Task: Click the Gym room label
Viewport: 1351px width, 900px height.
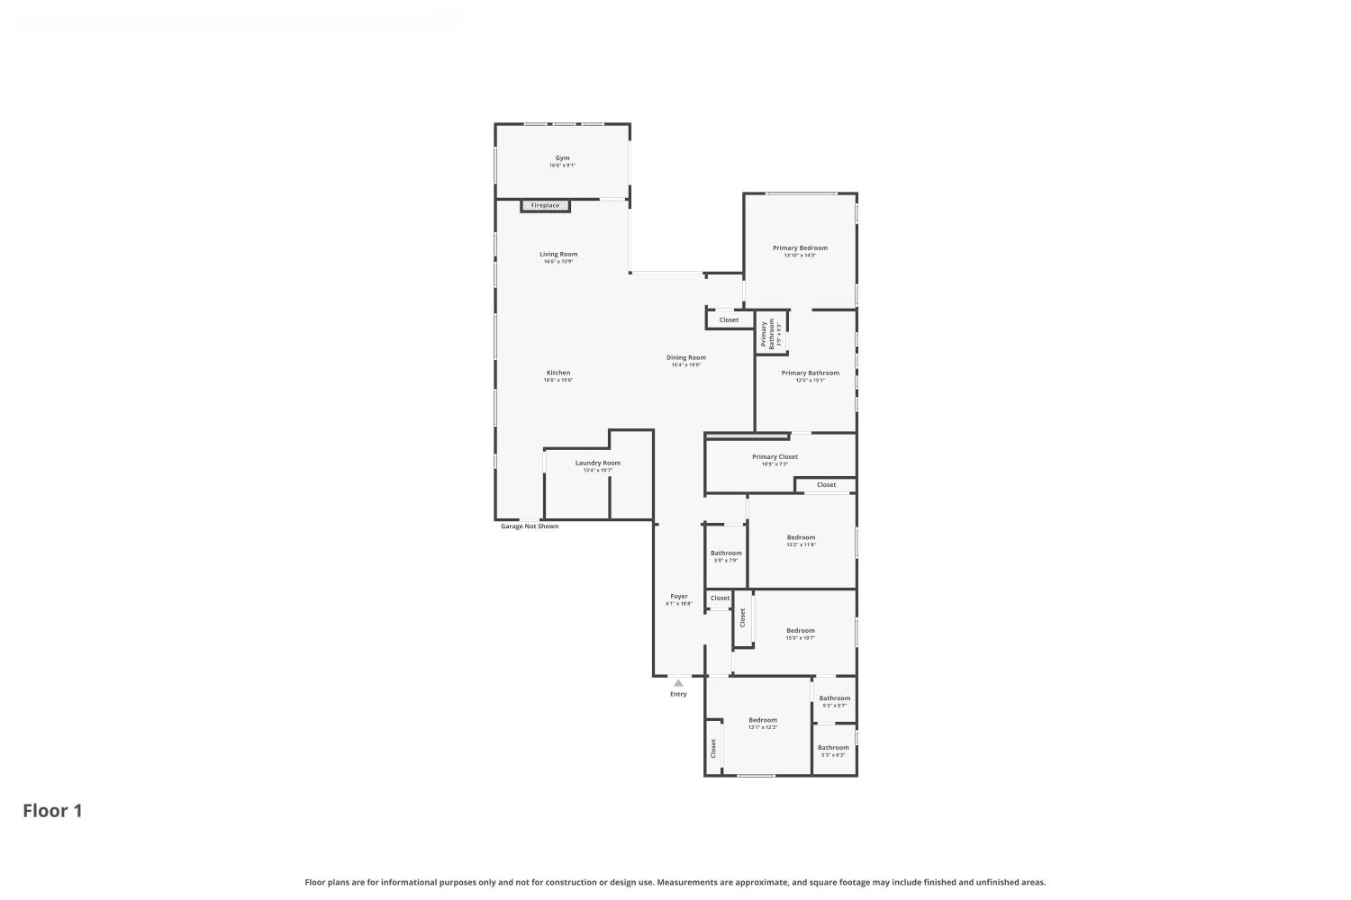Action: pyautogui.click(x=562, y=158)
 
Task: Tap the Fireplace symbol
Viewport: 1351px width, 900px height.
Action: pyautogui.click(x=545, y=206)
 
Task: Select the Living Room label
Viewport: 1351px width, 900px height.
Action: pyautogui.click(x=558, y=255)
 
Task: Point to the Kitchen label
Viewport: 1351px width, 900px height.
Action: pyautogui.click(x=558, y=373)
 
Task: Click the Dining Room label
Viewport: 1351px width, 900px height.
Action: pyautogui.click(x=685, y=357)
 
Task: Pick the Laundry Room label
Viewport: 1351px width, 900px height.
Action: pyautogui.click(x=598, y=463)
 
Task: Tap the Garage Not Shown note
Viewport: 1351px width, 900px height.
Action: pyautogui.click(x=530, y=526)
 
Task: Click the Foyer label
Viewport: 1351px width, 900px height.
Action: pyautogui.click(x=679, y=597)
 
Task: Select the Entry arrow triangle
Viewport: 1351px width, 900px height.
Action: pyautogui.click(x=678, y=683)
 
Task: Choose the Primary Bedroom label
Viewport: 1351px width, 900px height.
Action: pyautogui.click(x=800, y=248)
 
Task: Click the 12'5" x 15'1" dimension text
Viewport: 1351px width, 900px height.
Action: pyautogui.click(x=810, y=381)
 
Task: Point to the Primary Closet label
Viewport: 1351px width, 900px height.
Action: pyautogui.click(x=775, y=457)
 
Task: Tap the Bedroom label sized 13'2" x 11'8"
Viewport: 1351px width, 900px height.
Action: pyautogui.click(x=801, y=538)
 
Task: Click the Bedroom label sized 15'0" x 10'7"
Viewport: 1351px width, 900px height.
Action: pyautogui.click(x=800, y=631)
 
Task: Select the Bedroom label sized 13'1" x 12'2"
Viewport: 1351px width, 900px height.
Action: pyautogui.click(x=763, y=720)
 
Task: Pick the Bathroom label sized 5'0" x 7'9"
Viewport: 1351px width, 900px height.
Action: pyautogui.click(x=726, y=553)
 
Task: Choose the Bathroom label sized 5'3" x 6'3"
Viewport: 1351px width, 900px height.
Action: pyautogui.click(x=833, y=748)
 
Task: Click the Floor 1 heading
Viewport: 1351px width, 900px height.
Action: pyautogui.click(x=52, y=811)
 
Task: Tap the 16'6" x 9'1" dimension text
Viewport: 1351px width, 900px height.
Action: pyautogui.click(x=562, y=166)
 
